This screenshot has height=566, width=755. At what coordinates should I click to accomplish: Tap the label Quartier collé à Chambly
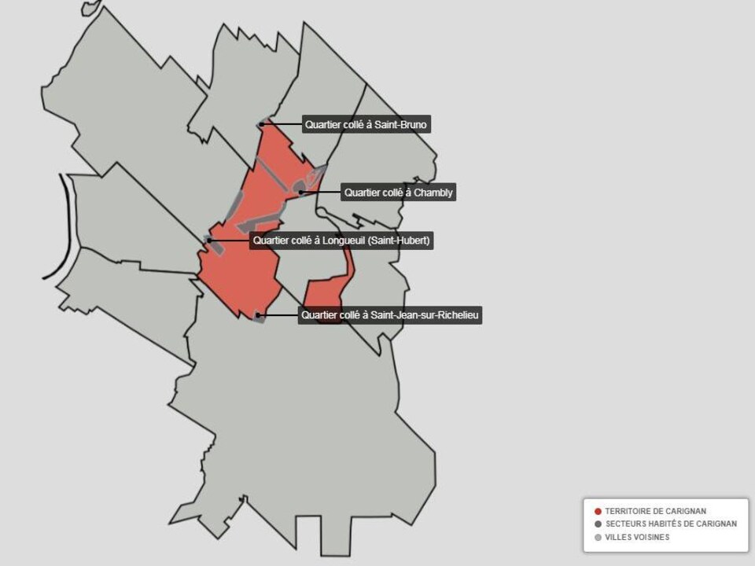point(399,192)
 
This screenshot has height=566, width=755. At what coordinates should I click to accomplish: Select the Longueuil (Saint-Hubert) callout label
point(341,241)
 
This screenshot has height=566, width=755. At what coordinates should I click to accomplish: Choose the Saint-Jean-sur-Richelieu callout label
point(390,315)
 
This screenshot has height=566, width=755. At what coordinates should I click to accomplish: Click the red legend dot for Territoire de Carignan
point(598,511)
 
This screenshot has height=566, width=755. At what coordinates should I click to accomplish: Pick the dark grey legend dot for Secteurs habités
point(598,524)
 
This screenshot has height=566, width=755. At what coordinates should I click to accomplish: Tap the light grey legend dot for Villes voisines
point(598,538)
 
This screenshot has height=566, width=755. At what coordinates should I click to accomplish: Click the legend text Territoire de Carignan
point(656,511)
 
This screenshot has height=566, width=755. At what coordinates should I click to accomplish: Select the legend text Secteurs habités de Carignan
point(671,524)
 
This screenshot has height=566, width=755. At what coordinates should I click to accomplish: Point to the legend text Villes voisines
point(637,538)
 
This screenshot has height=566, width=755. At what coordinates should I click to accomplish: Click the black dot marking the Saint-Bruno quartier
point(262,124)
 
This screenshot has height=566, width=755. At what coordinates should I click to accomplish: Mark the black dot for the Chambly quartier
point(300,192)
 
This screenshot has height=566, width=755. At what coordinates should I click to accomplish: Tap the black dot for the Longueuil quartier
point(209,241)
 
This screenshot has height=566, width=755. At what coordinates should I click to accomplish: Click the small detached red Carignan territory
point(324,295)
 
